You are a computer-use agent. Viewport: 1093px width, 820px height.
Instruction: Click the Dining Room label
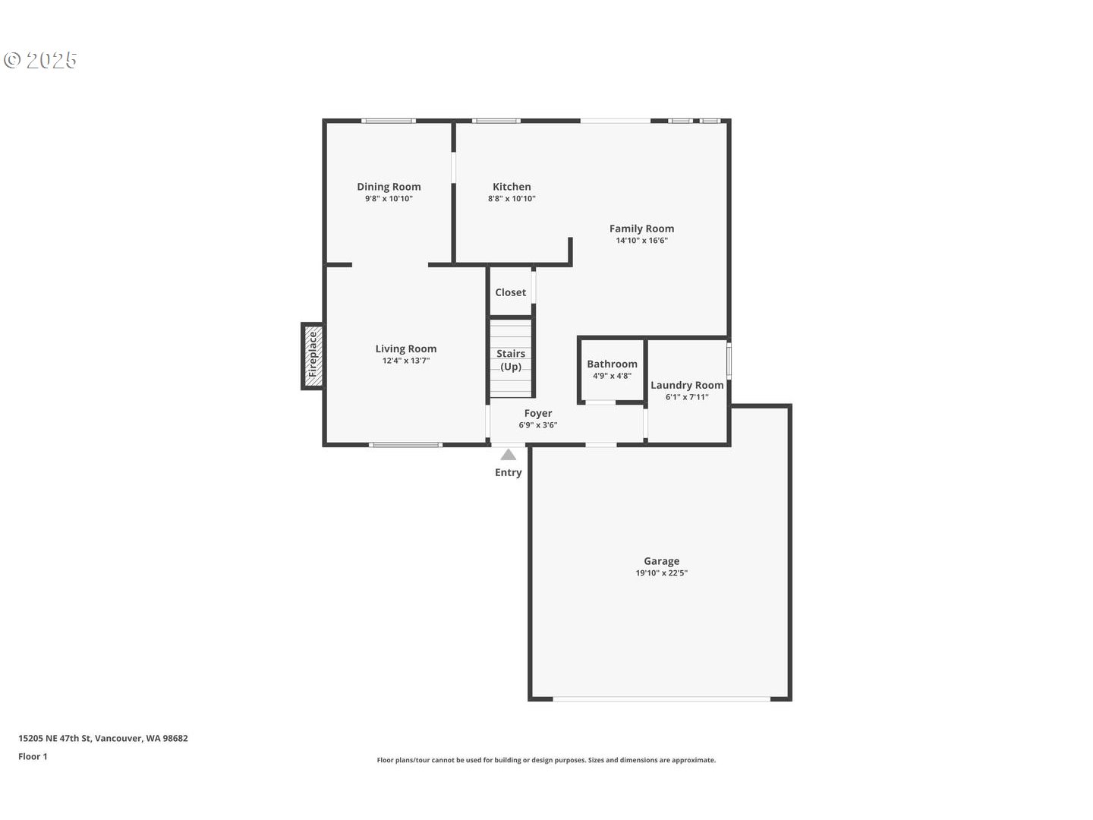tap(389, 187)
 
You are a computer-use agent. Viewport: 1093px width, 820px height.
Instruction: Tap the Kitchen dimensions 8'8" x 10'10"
tap(512, 199)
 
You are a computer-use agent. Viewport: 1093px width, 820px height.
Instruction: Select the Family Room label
tap(641, 229)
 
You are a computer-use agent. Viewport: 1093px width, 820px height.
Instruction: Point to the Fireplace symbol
tap(313, 356)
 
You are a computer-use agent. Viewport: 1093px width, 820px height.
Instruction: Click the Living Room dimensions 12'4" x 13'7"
tap(406, 361)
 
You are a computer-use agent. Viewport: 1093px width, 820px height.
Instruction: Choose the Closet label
tap(510, 292)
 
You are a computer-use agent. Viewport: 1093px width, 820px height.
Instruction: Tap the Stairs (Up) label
tap(511, 360)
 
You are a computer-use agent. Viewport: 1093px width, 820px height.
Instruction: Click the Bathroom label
tap(612, 364)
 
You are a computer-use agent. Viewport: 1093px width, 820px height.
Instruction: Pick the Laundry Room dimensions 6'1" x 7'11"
tap(687, 397)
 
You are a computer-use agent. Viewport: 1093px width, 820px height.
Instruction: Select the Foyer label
tap(538, 413)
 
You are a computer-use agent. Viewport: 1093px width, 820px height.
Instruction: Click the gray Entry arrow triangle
tap(508, 455)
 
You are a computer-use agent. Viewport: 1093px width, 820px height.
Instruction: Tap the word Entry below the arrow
tap(508, 472)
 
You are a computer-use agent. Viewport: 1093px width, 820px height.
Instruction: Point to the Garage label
tap(661, 561)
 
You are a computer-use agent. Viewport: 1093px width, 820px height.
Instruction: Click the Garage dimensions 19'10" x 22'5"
tap(661, 573)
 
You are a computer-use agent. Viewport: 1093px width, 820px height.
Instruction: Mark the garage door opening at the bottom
tap(661, 699)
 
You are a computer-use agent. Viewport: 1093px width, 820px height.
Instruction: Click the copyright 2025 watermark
tap(39, 60)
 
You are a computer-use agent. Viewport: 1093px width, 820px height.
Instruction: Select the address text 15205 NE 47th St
tap(55, 738)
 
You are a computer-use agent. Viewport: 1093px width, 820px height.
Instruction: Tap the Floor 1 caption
tap(33, 757)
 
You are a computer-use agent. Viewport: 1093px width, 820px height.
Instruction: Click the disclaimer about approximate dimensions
tap(546, 760)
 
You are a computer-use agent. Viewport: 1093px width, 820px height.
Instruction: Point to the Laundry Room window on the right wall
tap(729, 360)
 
